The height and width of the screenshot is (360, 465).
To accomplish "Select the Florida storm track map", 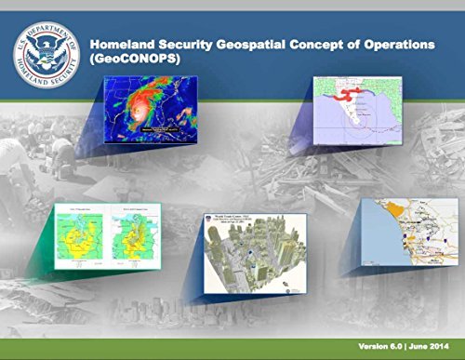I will (x=358, y=112).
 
